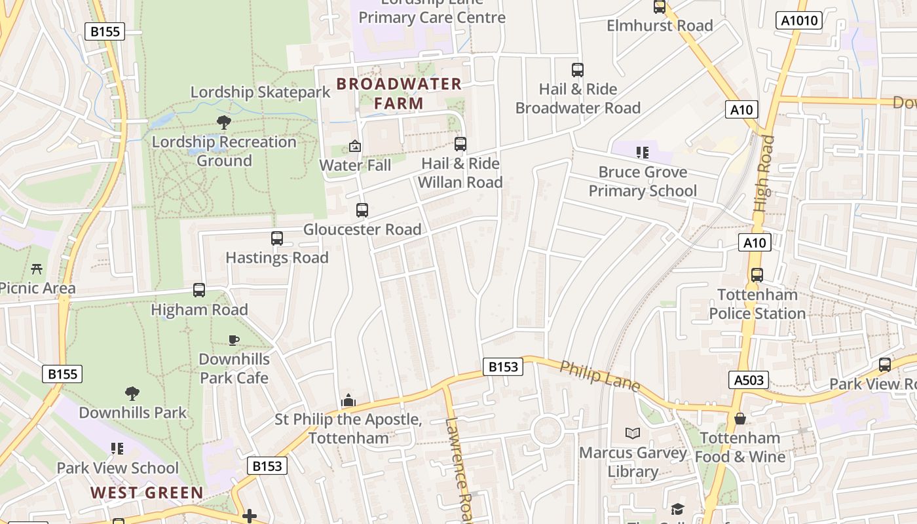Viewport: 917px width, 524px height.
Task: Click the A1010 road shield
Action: pos(800,20)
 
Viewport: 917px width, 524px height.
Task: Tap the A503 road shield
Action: pos(748,379)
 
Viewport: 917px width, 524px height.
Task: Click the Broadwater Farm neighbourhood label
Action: pos(399,93)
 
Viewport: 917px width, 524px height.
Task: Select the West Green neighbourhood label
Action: pos(147,493)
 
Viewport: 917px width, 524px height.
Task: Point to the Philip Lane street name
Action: pos(599,376)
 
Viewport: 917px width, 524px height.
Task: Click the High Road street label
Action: pos(764,173)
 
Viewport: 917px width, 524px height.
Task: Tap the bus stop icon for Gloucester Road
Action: pos(362,210)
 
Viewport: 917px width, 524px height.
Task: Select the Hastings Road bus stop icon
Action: pos(277,238)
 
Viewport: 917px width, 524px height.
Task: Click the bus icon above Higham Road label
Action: pos(199,290)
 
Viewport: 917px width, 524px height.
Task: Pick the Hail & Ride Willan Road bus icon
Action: pos(460,144)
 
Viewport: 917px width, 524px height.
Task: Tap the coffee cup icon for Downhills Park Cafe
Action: pos(234,340)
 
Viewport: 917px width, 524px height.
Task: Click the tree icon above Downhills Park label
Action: pos(132,394)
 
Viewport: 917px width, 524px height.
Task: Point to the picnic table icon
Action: pos(37,269)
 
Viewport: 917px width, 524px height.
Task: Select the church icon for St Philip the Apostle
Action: pos(348,400)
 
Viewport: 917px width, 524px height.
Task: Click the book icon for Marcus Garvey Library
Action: pos(632,434)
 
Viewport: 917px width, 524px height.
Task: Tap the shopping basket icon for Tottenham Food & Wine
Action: pos(740,419)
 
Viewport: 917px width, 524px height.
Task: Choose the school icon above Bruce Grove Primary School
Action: pos(642,153)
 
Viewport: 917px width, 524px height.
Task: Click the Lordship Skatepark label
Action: pos(261,92)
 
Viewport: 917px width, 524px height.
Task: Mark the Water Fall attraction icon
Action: pos(355,146)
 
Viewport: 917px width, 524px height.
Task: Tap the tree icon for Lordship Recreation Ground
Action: pos(224,122)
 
